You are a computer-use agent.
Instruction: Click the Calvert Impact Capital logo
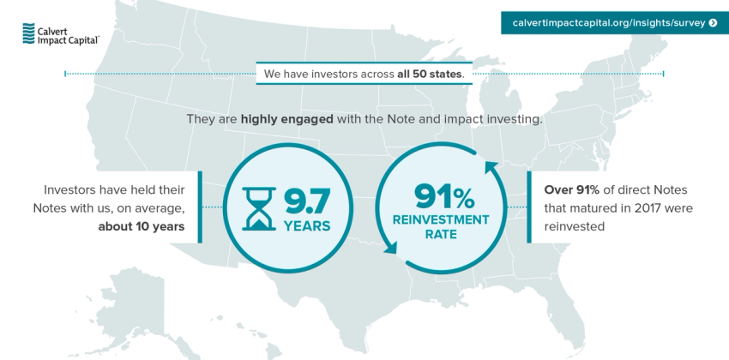pyautogui.click(x=59, y=33)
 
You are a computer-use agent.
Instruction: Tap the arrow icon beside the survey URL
pyautogui.click(x=713, y=23)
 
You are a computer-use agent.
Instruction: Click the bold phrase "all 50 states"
pyautogui.click(x=429, y=74)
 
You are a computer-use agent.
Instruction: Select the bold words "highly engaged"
pyautogui.click(x=286, y=119)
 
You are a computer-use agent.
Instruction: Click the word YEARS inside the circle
pyautogui.click(x=307, y=226)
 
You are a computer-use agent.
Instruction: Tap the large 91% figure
pyautogui.click(x=443, y=197)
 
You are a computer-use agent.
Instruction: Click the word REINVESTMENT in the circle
pyautogui.click(x=441, y=219)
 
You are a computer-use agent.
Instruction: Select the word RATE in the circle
pyautogui.click(x=441, y=234)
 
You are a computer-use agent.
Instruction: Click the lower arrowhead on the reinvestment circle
pyautogui.click(x=390, y=249)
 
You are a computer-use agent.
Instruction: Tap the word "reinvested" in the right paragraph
pyautogui.click(x=575, y=227)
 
